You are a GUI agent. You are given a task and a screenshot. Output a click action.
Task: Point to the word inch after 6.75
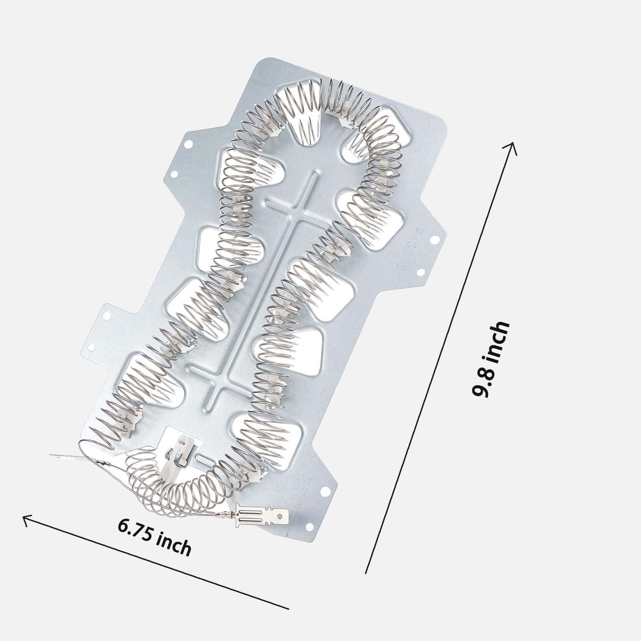173,544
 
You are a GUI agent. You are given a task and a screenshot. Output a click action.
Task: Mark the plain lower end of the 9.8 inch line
366,573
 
